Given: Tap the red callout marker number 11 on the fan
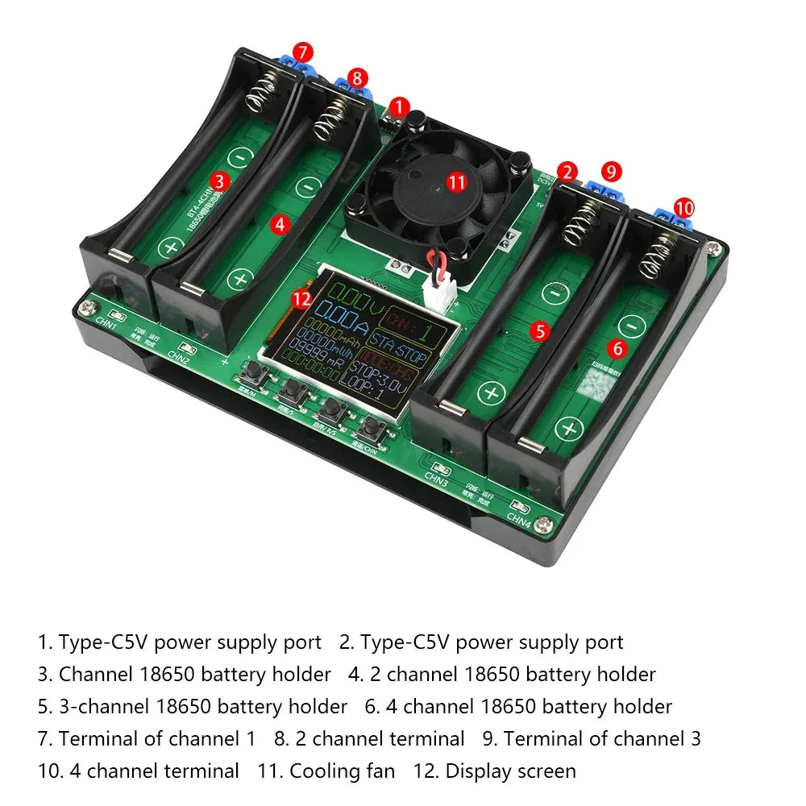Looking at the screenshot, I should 457,182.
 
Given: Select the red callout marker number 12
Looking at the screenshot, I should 301,299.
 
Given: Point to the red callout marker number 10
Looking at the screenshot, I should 683,207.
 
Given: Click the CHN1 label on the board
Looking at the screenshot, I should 106,326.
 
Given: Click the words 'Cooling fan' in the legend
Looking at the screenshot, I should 342,771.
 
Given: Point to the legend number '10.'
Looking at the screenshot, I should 50,771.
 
